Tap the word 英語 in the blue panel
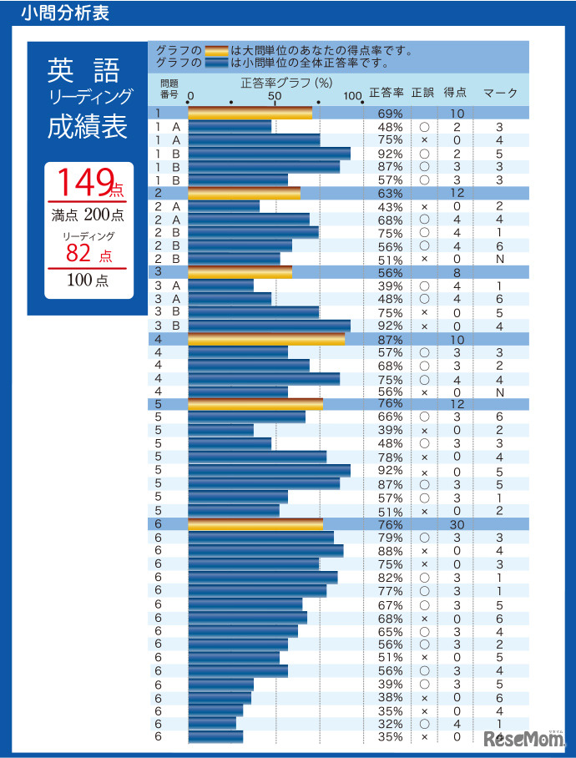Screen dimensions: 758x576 [x=83, y=71]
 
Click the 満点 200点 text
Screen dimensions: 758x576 [x=88, y=215]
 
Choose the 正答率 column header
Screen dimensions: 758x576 [x=387, y=93]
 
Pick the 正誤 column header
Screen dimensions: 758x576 [x=423, y=93]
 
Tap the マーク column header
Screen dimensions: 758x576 [x=500, y=93]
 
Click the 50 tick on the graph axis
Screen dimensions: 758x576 [x=275, y=95]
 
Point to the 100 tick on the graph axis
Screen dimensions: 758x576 [x=352, y=95]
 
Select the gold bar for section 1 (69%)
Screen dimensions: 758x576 [x=250, y=113]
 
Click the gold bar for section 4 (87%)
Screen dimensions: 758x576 [x=266, y=339]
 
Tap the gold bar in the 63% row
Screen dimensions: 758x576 [x=244, y=193]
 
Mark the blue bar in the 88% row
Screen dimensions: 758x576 [x=265, y=551]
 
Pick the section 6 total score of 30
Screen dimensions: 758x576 [x=457, y=524]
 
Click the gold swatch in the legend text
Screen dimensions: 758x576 [x=216, y=50]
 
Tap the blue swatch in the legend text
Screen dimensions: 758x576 [x=216, y=62]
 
